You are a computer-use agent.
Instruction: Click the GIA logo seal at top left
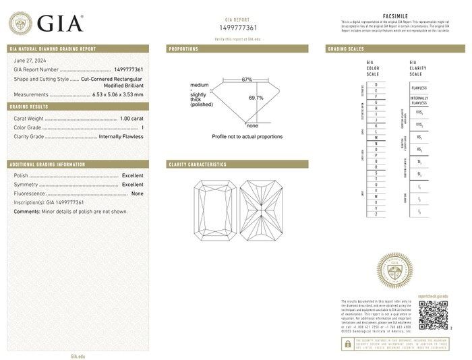(x=20, y=24)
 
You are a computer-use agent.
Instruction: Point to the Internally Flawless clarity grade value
(x=121, y=136)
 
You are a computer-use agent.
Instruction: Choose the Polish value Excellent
(x=132, y=175)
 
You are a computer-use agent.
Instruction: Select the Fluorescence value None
(x=137, y=193)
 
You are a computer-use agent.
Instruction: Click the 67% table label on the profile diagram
(x=247, y=80)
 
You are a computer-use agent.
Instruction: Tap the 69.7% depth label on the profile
(x=256, y=98)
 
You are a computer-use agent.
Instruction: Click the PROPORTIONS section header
(x=183, y=49)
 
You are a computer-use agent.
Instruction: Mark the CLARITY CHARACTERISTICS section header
(x=198, y=164)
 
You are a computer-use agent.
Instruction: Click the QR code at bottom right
(x=433, y=314)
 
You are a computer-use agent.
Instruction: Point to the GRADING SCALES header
(x=346, y=49)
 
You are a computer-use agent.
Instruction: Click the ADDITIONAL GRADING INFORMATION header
(x=47, y=164)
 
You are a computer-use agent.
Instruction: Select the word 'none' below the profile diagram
(x=252, y=126)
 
